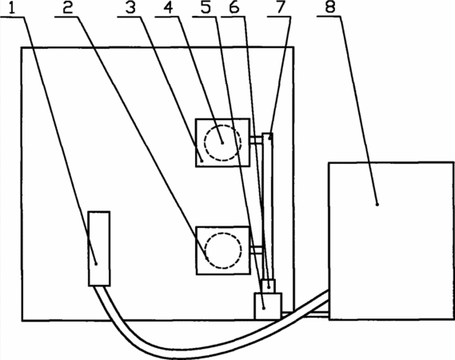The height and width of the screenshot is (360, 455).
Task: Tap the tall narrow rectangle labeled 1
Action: tap(99, 249)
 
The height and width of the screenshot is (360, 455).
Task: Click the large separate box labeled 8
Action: tap(391, 241)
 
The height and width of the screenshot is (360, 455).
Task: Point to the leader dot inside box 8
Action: tap(377, 205)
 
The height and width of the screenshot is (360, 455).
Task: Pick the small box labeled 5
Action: tap(268, 306)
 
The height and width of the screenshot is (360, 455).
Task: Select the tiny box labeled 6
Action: tap(269, 286)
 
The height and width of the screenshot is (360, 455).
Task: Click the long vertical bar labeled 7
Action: tap(268, 206)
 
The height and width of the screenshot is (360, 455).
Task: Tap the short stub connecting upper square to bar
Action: tap(256, 141)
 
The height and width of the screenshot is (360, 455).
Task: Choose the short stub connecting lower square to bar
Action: tap(256, 250)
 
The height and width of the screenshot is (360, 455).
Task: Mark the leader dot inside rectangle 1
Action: tap(96, 264)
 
